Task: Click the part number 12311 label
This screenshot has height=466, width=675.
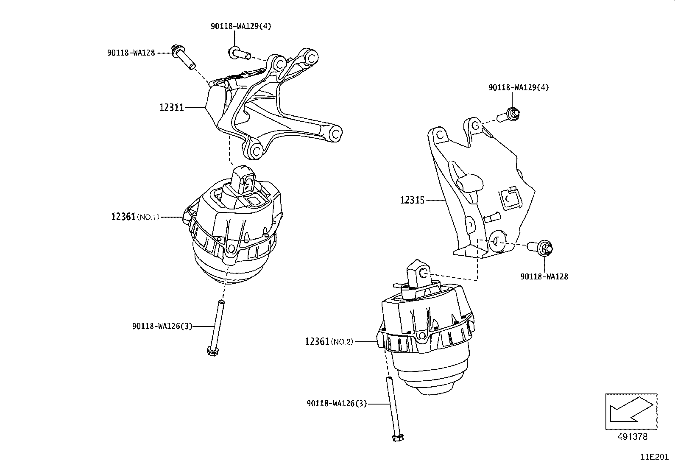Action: pyautogui.click(x=171, y=108)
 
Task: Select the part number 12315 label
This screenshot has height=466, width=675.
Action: pyautogui.click(x=412, y=200)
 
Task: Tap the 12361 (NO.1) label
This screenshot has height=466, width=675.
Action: pyautogui.click(x=135, y=217)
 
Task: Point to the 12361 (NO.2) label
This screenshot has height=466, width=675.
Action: pyautogui.click(x=329, y=341)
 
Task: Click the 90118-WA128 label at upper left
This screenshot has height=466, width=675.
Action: pyautogui.click(x=131, y=53)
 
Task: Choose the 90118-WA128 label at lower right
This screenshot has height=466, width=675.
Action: pyautogui.click(x=544, y=276)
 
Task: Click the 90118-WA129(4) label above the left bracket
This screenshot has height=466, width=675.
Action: pyautogui.click(x=240, y=26)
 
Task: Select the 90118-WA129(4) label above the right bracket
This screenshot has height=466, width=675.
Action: pyautogui.click(x=518, y=87)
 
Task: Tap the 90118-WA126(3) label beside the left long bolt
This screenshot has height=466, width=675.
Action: pyautogui.click(x=162, y=326)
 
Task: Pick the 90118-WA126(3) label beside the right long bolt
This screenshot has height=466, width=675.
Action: pyautogui.click(x=337, y=404)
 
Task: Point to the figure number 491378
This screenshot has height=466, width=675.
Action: pyautogui.click(x=632, y=436)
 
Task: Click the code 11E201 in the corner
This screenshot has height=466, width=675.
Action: pyautogui.click(x=654, y=457)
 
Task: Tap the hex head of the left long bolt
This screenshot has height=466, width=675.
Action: pyautogui.click(x=211, y=350)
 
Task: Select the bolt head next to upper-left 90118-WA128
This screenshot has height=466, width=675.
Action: pyautogui.click(x=174, y=50)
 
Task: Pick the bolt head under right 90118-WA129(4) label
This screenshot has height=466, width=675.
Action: pyautogui.click(x=514, y=113)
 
